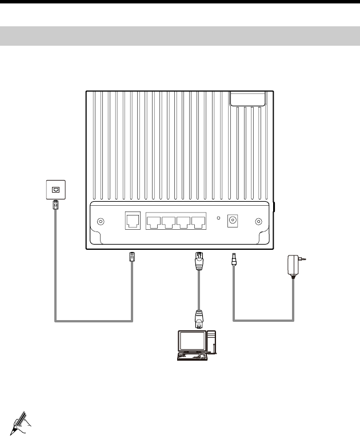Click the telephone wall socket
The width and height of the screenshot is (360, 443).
(x=55, y=189)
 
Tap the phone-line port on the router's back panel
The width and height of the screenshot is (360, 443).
(x=133, y=221)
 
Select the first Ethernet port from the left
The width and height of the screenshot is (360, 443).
(x=154, y=222)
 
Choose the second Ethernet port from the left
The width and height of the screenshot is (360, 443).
(x=169, y=222)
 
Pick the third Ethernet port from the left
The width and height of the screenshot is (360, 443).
(x=183, y=222)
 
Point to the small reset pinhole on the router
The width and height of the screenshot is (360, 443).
(x=218, y=218)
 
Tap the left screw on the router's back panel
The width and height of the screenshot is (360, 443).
(x=101, y=222)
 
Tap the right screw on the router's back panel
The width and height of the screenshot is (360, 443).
(x=259, y=222)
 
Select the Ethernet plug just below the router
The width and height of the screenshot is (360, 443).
(x=198, y=261)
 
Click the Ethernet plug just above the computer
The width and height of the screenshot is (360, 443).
(x=198, y=318)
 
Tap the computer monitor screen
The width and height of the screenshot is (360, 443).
(x=190, y=342)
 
